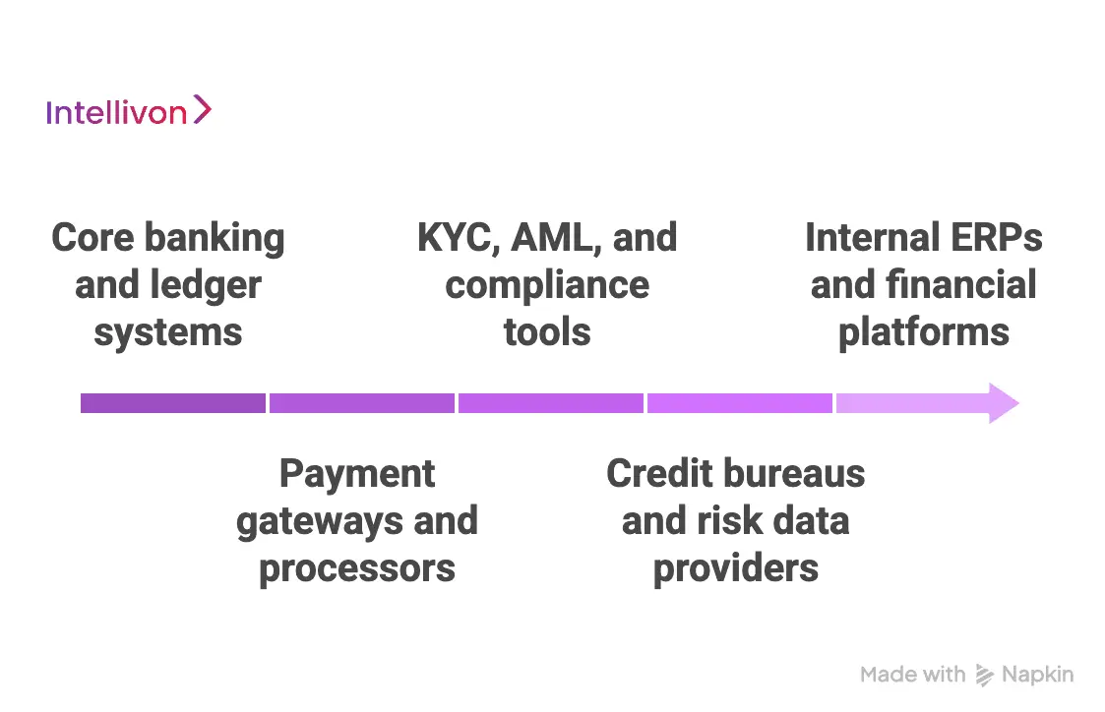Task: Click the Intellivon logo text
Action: [x=116, y=112]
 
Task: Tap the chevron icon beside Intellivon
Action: [x=202, y=109]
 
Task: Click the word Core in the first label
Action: [x=92, y=238]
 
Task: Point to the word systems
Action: [x=168, y=332]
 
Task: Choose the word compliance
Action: [x=547, y=286]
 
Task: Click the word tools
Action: [x=547, y=332]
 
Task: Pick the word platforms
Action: [x=923, y=332]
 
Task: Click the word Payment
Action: [x=357, y=474]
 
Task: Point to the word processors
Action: [x=357, y=568]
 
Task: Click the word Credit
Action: [x=658, y=474]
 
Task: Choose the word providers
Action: [x=736, y=568]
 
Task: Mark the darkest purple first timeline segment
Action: [x=173, y=403]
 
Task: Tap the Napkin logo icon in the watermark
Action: [x=984, y=675]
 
